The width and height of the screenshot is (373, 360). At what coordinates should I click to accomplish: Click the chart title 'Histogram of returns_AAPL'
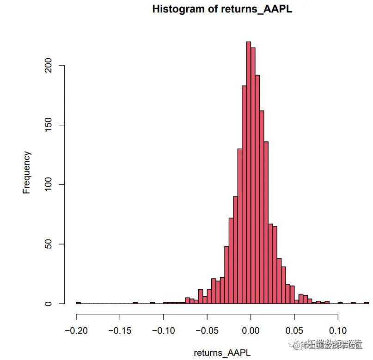[222, 9]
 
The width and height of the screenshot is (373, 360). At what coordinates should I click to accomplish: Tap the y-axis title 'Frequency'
[27, 172]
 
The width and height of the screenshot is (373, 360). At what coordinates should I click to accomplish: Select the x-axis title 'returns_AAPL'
[222, 353]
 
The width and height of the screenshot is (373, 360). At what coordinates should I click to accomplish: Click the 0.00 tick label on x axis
[251, 331]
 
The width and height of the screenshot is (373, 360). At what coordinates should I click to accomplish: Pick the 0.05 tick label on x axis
[294, 331]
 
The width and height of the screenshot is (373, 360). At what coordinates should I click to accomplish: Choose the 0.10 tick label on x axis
[338, 331]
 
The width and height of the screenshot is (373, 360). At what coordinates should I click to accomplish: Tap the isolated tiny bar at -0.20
[78, 303]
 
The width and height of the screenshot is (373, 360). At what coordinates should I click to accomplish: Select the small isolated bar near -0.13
[135, 303]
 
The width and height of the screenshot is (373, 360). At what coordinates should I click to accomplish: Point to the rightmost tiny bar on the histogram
[366, 303]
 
